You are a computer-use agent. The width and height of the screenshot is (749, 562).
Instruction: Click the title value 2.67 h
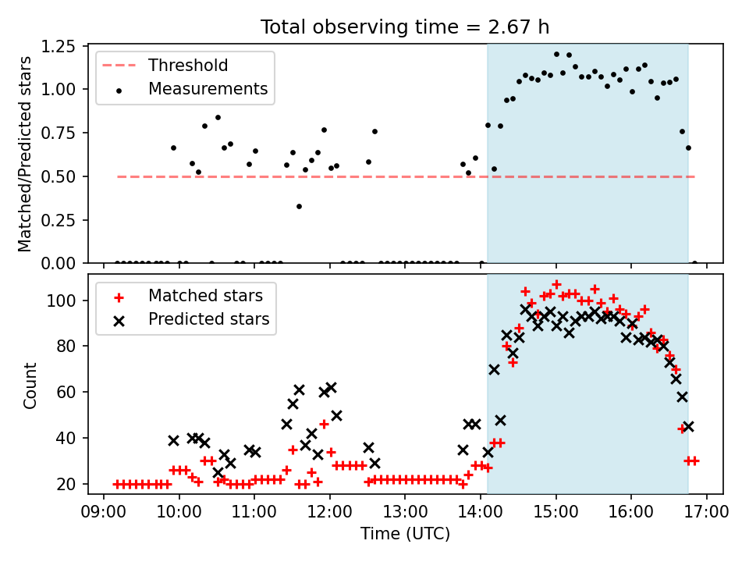click(519, 27)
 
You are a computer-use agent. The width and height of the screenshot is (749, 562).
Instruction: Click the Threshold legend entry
click(165, 66)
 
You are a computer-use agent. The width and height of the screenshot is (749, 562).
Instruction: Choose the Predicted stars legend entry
click(184, 319)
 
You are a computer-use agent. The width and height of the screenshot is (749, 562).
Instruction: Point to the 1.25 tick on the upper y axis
click(59, 47)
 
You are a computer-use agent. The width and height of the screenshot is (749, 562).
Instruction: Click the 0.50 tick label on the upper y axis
click(59, 177)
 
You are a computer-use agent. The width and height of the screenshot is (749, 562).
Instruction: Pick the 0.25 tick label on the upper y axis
click(59, 220)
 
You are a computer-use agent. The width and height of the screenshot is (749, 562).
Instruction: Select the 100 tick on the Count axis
click(61, 301)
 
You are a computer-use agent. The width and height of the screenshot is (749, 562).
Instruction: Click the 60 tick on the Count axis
click(66, 392)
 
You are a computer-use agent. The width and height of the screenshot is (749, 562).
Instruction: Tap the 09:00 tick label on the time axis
click(104, 512)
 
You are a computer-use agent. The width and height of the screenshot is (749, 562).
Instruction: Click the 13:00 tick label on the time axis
click(405, 512)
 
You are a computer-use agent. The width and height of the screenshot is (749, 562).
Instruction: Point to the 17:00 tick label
click(707, 512)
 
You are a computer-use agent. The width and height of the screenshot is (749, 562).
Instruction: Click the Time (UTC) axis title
click(405, 533)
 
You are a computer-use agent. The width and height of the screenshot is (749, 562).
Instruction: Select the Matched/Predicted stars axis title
click(25, 154)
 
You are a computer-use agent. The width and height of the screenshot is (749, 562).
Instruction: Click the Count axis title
click(30, 385)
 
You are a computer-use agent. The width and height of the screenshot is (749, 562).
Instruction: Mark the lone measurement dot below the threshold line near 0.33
click(299, 206)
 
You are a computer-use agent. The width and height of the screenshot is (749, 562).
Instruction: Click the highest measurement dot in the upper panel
click(556, 55)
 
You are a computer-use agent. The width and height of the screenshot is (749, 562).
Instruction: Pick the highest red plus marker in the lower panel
click(556, 285)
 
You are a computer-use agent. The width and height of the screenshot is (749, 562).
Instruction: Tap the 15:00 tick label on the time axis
click(556, 512)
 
